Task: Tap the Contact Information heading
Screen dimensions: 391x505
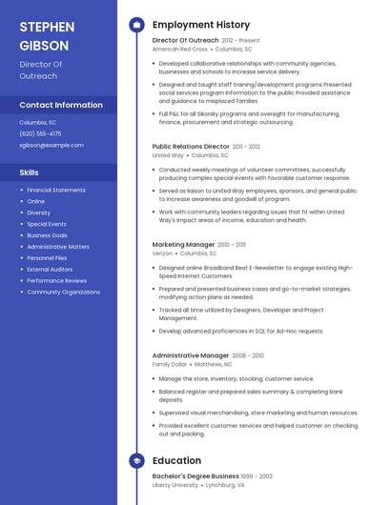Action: pyautogui.click(x=61, y=105)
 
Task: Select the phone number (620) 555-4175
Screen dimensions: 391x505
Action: pyautogui.click(x=40, y=133)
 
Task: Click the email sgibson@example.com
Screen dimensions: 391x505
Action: pyautogui.click(x=51, y=145)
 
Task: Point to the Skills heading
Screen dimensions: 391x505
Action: pyautogui.click(x=30, y=172)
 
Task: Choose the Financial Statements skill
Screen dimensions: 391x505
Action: pyautogui.click(x=56, y=190)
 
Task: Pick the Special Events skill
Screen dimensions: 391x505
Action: pyautogui.click(x=47, y=224)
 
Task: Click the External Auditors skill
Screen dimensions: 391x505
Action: pyautogui.click(x=50, y=270)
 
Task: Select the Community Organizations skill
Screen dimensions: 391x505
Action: pyautogui.click(x=63, y=293)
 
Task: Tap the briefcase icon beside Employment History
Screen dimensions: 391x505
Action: pyautogui.click(x=136, y=25)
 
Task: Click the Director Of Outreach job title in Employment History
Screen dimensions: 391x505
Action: pyautogui.click(x=185, y=41)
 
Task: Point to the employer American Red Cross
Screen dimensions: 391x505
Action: pyautogui.click(x=179, y=50)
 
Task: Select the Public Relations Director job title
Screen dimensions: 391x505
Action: pyautogui.click(x=191, y=147)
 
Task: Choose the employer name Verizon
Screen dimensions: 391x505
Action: pyautogui.click(x=162, y=253)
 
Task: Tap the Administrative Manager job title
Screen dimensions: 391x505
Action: pyautogui.click(x=191, y=355)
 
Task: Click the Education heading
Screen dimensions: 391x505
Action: pyautogui.click(x=176, y=460)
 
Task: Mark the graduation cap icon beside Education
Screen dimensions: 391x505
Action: pyautogui.click(x=136, y=461)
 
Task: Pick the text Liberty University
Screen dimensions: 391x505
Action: pyautogui.click(x=175, y=485)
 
